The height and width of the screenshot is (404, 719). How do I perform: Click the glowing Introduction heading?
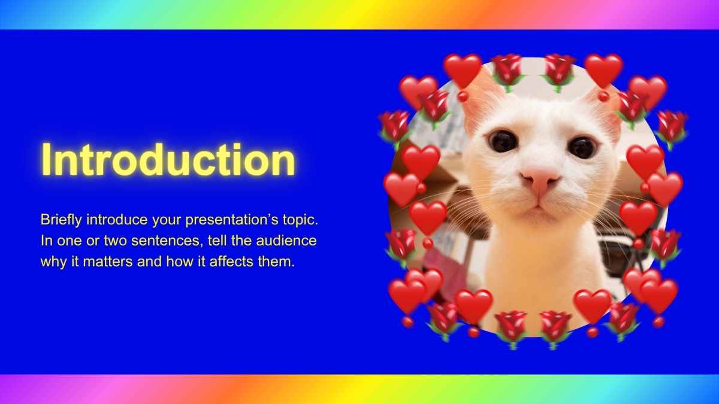pos(168,160)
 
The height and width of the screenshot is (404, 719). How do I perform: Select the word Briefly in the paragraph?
pos(61,220)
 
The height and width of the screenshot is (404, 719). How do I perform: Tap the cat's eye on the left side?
pos(503,141)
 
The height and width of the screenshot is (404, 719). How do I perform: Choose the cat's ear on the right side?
pos(605,108)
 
